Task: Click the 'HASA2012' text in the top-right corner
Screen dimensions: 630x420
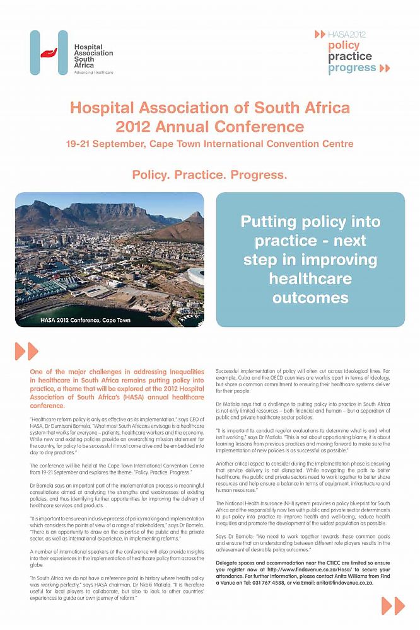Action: [x=346, y=34]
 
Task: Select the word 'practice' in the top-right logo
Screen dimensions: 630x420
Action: [x=349, y=56]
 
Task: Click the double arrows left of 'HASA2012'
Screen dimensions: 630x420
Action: [x=320, y=34]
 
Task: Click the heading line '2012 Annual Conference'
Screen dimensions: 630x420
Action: [x=209, y=126]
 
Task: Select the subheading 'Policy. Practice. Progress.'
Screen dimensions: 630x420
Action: [x=209, y=174]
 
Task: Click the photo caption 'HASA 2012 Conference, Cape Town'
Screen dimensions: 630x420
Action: [x=77, y=320]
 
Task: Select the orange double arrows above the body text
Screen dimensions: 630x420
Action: [x=26, y=351]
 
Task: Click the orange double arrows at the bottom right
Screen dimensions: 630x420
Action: [x=392, y=606]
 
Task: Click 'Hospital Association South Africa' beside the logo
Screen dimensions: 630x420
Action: [x=93, y=56]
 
